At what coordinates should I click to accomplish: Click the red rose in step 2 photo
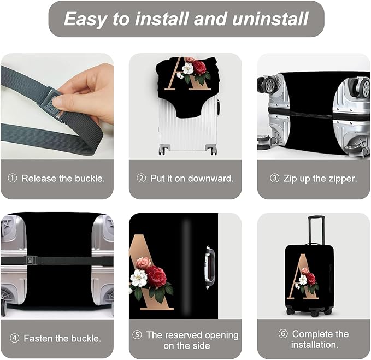[x=199, y=68]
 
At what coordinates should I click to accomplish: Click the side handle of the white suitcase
[x=217, y=107]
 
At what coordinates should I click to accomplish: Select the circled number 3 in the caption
[x=275, y=179]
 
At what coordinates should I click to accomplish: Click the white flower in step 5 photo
[x=139, y=278]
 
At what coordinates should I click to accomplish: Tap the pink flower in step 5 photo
[x=144, y=263]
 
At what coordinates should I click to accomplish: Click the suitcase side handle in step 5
[x=208, y=267]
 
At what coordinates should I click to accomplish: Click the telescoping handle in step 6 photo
[x=315, y=229]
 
